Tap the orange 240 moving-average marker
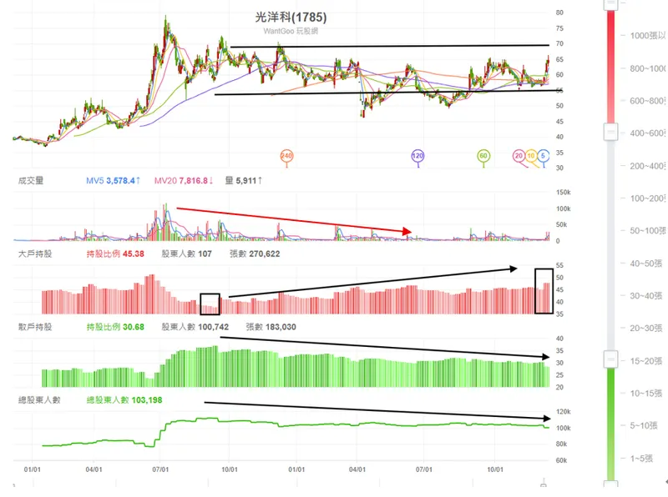point(286,156)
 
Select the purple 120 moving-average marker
point(417,156)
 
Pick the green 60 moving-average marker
point(483,156)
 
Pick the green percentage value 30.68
point(133,327)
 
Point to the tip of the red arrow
point(412,232)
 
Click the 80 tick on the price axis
point(559,13)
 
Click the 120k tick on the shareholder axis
point(563,412)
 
